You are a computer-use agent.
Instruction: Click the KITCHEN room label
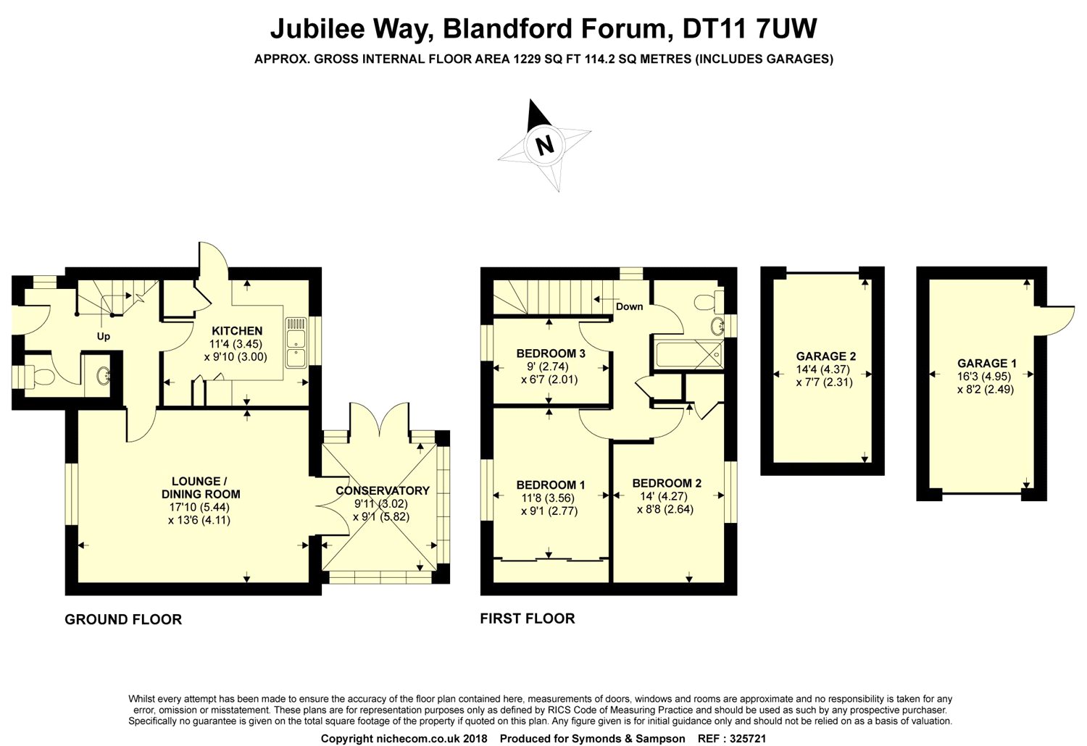pyautogui.click(x=236, y=331)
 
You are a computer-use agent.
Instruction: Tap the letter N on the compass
pyautogui.click(x=543, y=145)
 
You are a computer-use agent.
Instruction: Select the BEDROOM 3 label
pyautogui.click(x=551, y=353)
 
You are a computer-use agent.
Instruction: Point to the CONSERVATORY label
pyautogui.click(x=383, y=490)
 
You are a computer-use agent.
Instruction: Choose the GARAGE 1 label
pyautogui.click(x=982, y=363)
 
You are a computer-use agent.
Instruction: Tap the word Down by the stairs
pyautogui.click(x=629, y=306)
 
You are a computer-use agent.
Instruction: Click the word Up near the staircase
pyautogui.click(x=104, y=337)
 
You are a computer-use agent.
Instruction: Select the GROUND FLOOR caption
pyautogui.click(x=123, y=619)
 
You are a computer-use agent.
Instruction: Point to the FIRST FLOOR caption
pyautogui.click(x=528, y=618)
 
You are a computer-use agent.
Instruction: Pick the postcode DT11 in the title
pyautogui.click(x=707, y=29)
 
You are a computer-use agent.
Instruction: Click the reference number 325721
pyautogui.click(x=741, y=739)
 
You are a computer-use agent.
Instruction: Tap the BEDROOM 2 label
pyautogui.click(x=667, y=483)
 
